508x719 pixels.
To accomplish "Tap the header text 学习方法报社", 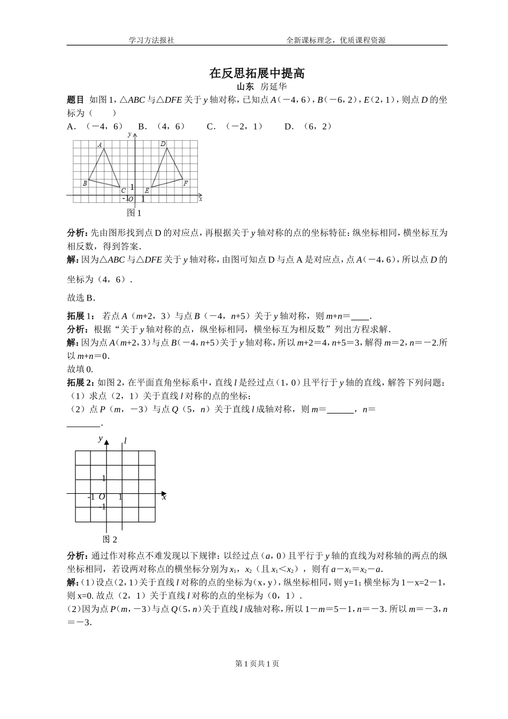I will (x=152, y=40).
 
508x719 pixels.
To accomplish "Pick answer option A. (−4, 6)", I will (x=95, y=126).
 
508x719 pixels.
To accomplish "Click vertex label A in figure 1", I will (x=99, y=145).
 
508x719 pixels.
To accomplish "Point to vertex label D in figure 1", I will (x=163, y=143).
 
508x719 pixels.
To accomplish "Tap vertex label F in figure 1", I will (x=186, y=183).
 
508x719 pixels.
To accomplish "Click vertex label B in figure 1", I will (x=84, y=183).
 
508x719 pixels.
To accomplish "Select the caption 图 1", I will (x=134, y=213).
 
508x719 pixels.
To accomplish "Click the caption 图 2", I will (x=110, y=539).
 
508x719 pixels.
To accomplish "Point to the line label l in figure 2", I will (x=125, y=440).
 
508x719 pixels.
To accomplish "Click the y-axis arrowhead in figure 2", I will (x=107, y=442).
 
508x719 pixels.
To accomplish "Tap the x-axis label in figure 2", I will (x=164, y=498).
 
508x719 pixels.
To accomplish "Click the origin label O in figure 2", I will (x=101, y=497).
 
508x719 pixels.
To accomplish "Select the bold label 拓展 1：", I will (x=81, y=316).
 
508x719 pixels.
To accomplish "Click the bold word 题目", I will (x=75, y=100).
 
